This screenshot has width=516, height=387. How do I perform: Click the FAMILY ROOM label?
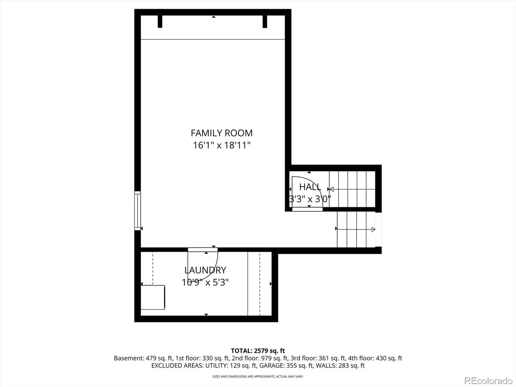[222, 133]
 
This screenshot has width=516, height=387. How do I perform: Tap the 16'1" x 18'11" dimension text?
[222, 145]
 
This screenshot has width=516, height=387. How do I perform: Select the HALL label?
[310, 187]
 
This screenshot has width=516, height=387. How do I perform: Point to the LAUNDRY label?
[205, 270]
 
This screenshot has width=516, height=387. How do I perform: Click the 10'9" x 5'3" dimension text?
[205, 282]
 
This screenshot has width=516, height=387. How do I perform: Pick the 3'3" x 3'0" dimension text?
[310, 199]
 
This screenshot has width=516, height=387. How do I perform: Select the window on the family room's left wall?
[137, 211]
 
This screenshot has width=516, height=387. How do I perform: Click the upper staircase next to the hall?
[352, 189]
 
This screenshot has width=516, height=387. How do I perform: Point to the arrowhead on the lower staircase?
[373, 229]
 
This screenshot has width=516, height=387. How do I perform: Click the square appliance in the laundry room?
[153, 297]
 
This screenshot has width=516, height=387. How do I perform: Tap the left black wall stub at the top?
[160, 22]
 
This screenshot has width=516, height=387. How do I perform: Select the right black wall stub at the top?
[265, 22]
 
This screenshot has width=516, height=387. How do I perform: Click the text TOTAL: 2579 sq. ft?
[258, 351]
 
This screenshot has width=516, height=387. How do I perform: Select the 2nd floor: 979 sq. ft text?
[260, 358]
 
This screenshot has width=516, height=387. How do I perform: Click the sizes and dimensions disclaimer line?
[258, 376]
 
